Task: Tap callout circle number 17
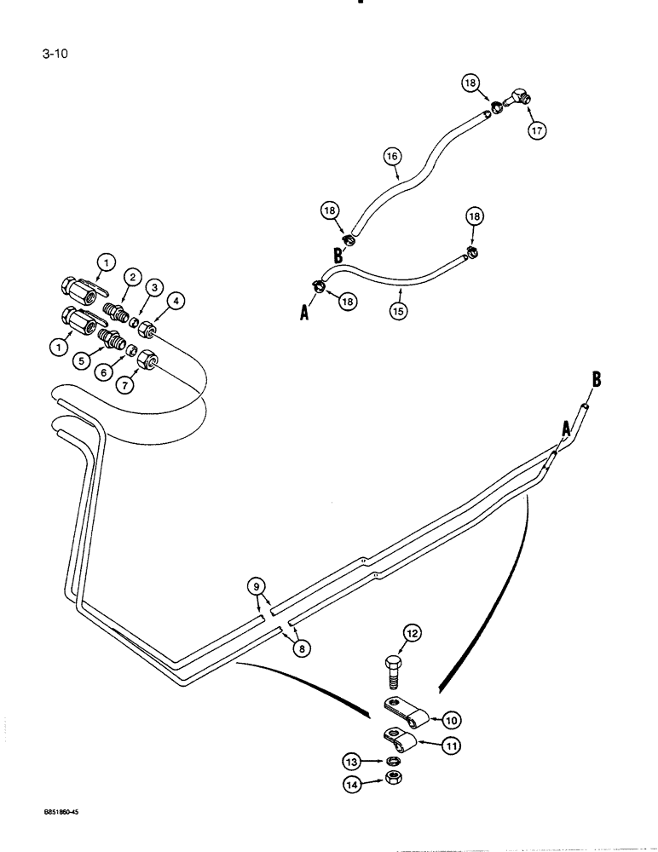click(538, 131)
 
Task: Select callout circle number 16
click(392, 157)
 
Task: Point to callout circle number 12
click(413, 632)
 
